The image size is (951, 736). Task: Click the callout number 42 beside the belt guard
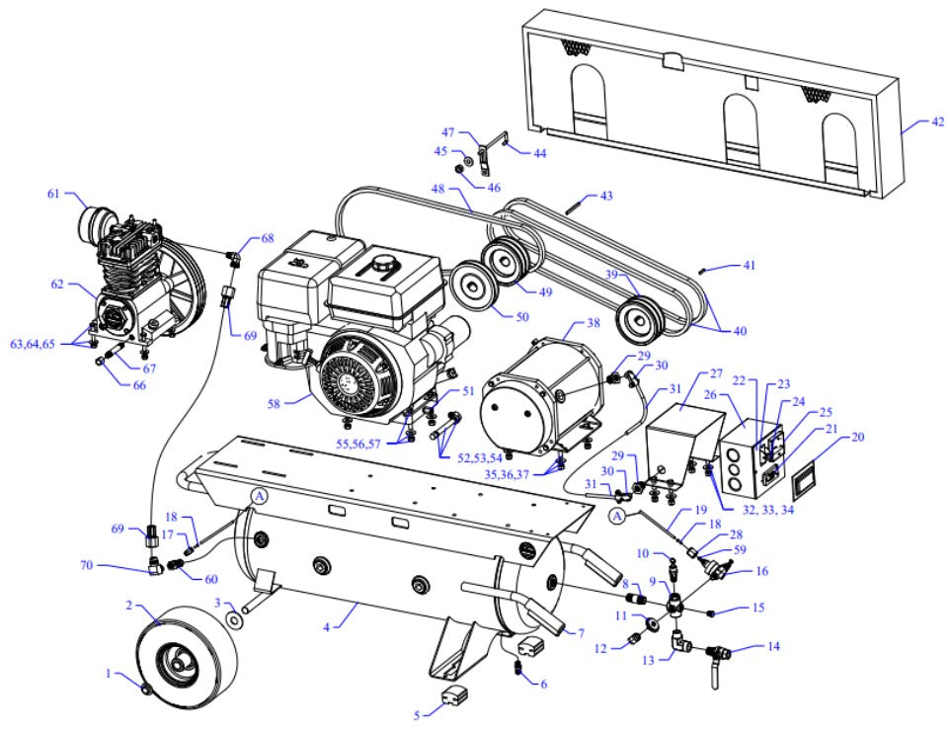coord(937,123)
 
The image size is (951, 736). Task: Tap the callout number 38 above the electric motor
coord(592,322)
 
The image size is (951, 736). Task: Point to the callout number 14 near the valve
coord(773,646)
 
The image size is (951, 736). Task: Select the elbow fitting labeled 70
coord(155,566)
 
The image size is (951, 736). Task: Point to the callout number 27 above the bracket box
coord(716,375)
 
